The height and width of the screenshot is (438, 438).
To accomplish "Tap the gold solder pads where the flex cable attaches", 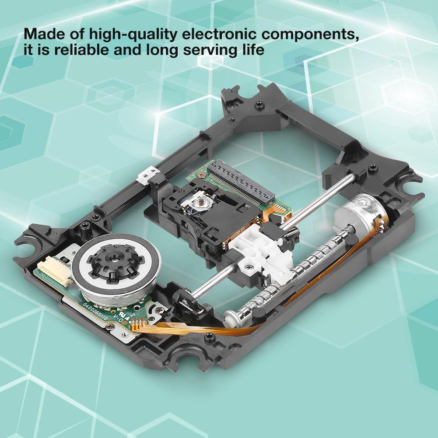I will pyautogui.click(x=139, y=324).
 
